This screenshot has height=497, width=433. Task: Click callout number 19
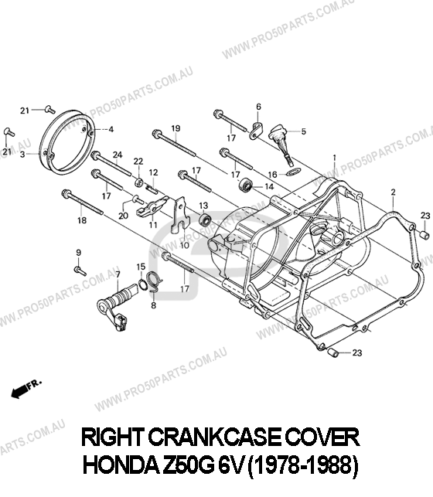(x=176, y=128)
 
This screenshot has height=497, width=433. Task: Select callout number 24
(x=118, y=155)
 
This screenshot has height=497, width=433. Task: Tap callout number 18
(x=82, y=220)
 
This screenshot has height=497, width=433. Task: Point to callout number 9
(x=78, y=253)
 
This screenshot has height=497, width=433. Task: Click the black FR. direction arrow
(x=19, y=393)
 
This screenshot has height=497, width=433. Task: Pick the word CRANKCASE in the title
(x=214, y=437)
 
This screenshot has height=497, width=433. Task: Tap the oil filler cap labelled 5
(x=281, y=141)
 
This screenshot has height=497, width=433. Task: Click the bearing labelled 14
(x=246, y=185)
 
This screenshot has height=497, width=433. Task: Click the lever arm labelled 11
(x=152, y=206)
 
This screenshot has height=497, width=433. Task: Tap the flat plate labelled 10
(x=179, y=214)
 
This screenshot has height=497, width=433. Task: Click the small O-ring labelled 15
(x=142, y=284)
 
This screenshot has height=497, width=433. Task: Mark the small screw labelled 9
(x=80, y=271)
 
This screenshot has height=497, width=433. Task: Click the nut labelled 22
(x=138, y=182)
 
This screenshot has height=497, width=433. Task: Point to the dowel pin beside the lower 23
(x=333, y=352)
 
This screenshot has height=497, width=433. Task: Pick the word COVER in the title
(x=322, y=437)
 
